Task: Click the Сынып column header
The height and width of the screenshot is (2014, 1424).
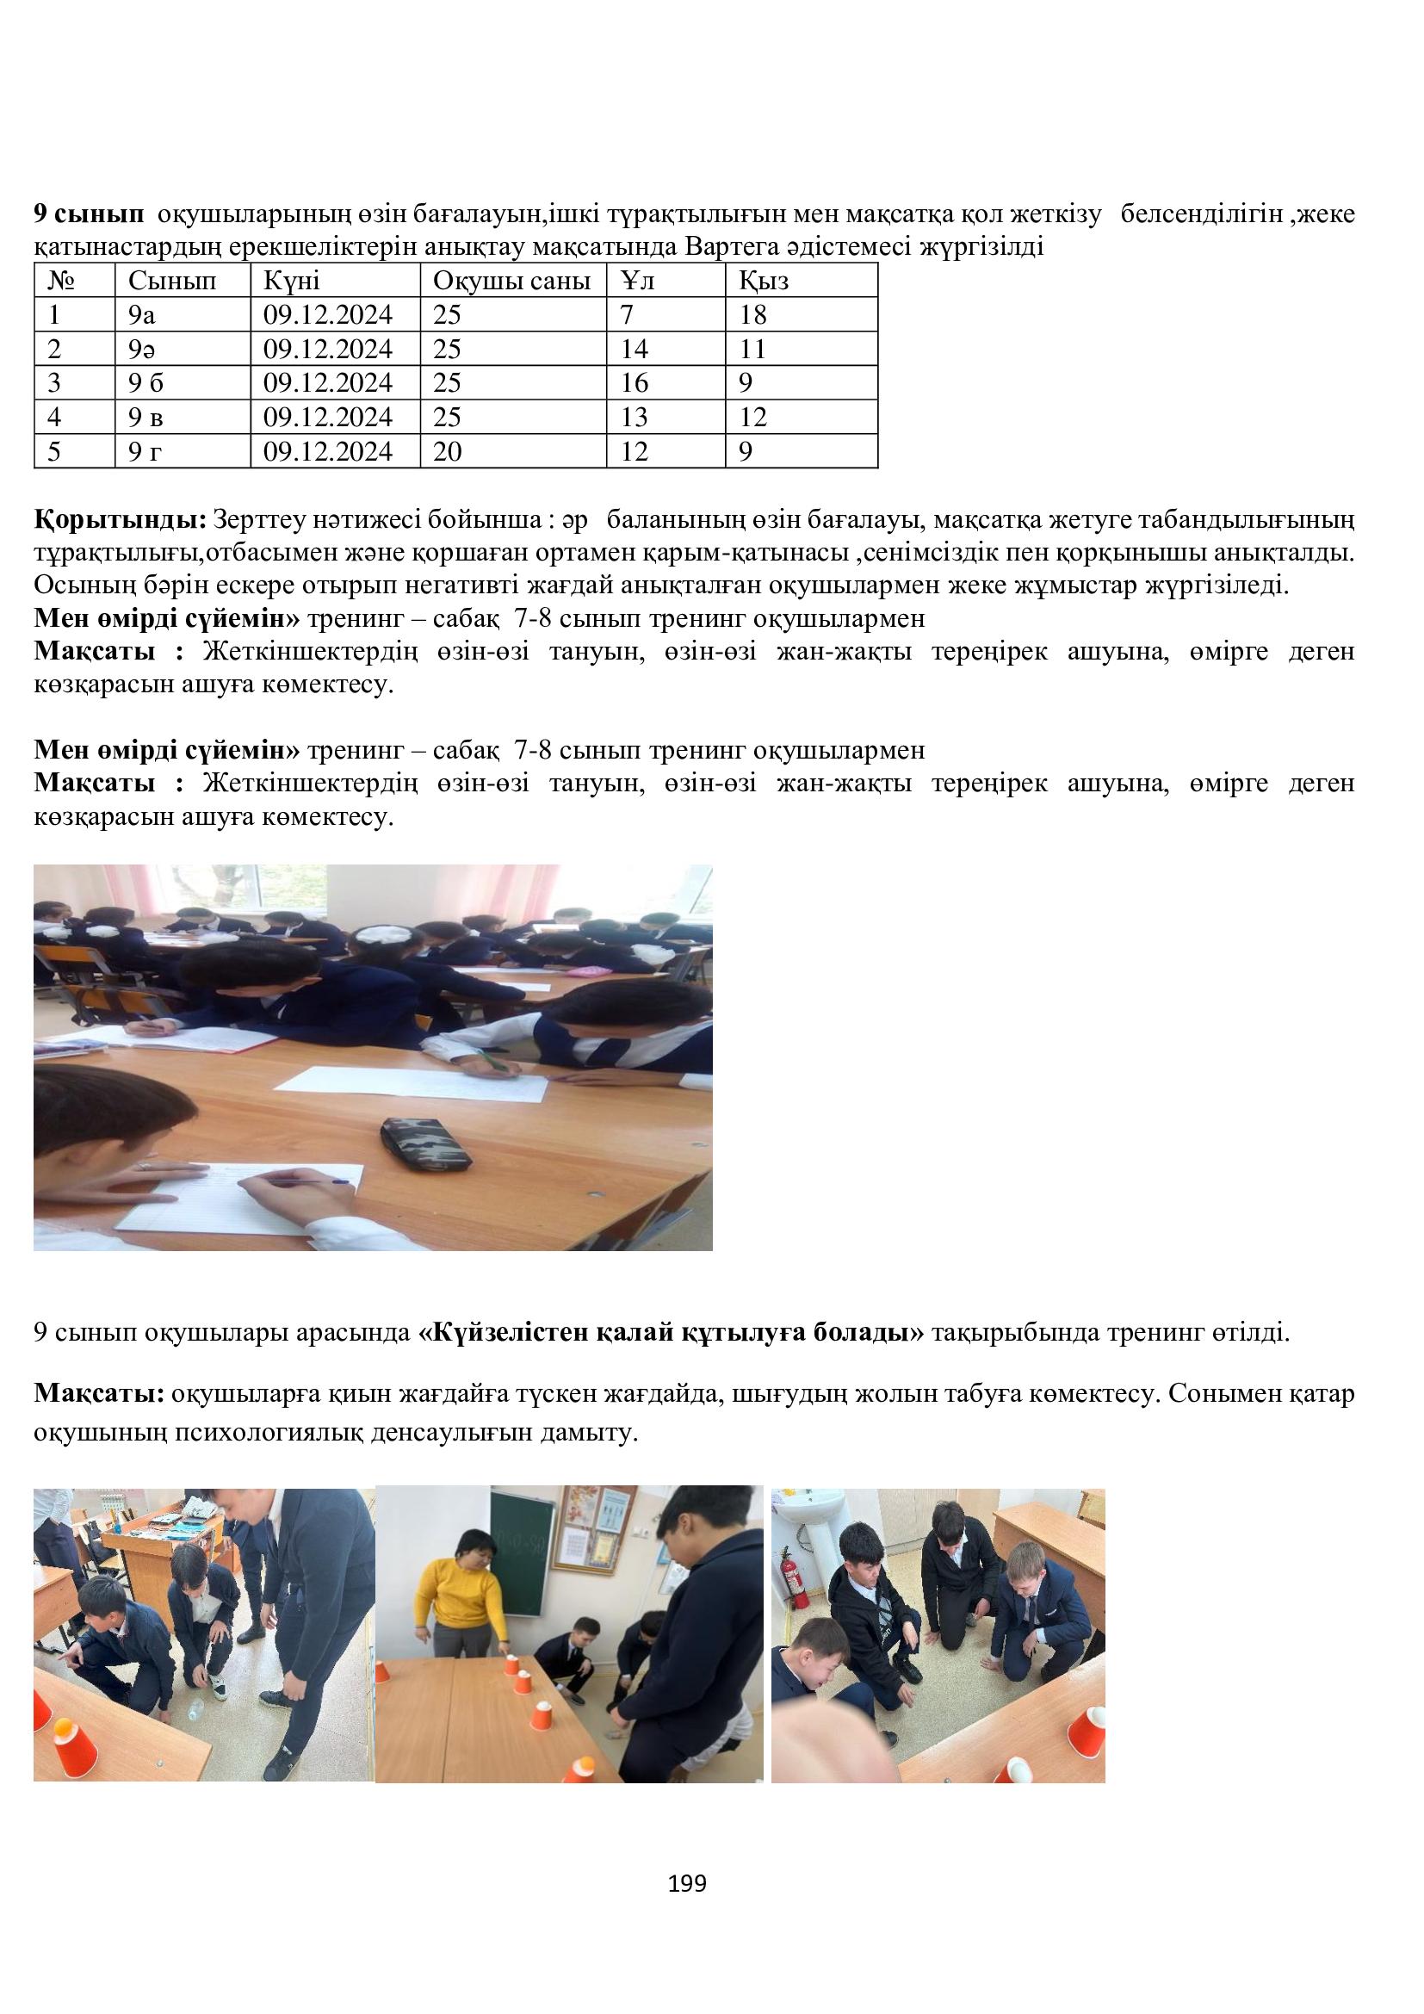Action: (172, 281)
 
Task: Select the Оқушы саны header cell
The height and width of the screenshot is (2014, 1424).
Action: (512, 281)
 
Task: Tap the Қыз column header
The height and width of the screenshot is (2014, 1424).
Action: (764, 281)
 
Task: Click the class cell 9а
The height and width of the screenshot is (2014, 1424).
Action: (141, 315)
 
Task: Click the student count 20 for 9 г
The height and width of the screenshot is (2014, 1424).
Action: (446, 452)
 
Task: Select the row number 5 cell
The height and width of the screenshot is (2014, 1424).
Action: (54, 452)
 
